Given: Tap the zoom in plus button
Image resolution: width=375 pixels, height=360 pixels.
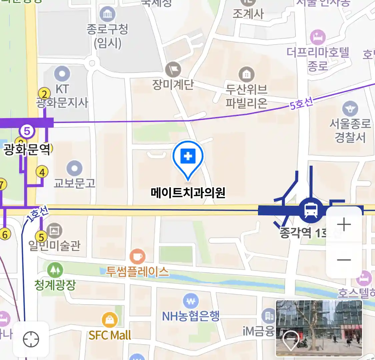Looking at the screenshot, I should tap(344, 224).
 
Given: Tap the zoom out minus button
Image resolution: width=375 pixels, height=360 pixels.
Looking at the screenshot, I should tap(344, 260).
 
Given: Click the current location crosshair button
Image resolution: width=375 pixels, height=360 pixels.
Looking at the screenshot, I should tap(31, 340).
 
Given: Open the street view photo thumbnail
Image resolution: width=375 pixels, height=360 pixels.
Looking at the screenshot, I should tap(319, 328).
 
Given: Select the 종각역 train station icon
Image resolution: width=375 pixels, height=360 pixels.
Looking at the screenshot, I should tap(311, 210).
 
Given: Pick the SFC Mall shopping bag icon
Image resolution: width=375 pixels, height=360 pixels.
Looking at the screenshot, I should tap(109, 321).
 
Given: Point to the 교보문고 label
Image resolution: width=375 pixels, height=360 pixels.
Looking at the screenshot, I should tap(75, 183).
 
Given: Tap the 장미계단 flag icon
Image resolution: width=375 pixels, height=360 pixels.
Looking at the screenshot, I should tap(173, 70).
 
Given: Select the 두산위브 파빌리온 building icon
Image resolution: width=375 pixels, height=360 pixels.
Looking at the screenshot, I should tap(246, 75).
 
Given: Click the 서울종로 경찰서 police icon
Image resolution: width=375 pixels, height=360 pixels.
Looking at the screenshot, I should tap(350, 109).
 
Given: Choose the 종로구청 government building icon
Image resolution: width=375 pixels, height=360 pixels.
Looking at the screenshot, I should tap(107, 14).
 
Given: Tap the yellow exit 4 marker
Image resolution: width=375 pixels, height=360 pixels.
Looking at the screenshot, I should tap(42, 172).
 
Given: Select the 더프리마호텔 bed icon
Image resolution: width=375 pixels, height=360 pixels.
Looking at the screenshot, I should tap(318, 37).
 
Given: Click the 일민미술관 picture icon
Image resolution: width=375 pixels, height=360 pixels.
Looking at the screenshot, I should tap(54, 231).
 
